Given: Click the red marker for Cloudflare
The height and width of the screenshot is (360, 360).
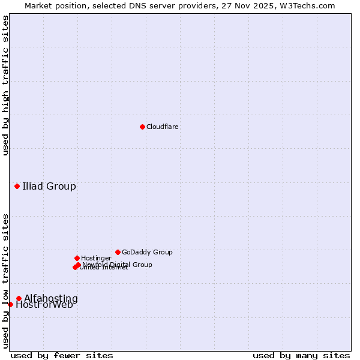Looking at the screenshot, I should [142, 127].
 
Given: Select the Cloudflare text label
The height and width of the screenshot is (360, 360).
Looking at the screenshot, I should [163, 127].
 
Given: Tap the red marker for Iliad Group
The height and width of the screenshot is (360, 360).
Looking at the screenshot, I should [17, 186].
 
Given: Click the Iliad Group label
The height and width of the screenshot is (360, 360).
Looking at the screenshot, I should [49, 186].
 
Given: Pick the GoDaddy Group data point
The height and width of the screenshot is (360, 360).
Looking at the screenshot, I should [118, 252].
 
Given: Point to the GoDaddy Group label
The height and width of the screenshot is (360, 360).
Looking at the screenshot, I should [147, 253].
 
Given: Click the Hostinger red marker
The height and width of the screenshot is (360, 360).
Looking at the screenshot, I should [77, 258].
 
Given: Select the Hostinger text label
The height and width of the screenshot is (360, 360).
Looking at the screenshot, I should [97, 259].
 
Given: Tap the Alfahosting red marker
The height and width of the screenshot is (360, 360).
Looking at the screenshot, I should [19, 298].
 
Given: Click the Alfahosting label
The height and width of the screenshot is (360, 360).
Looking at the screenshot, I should [51, 299].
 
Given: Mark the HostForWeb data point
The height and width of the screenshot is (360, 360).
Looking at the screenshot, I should [10, 304].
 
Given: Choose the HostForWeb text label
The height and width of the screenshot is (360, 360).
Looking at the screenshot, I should [44, 305].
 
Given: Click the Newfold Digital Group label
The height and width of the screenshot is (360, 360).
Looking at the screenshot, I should [118, 265].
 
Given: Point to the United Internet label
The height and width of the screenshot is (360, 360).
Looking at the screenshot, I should [104, 268].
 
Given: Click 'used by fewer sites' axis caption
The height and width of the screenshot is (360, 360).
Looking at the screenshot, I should [62, 356].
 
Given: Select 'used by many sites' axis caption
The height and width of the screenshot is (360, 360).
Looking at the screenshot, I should [301, 356].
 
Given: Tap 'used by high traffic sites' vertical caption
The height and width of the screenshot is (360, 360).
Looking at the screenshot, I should [5, 85].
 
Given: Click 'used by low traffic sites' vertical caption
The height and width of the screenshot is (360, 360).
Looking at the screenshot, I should [5, 281].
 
